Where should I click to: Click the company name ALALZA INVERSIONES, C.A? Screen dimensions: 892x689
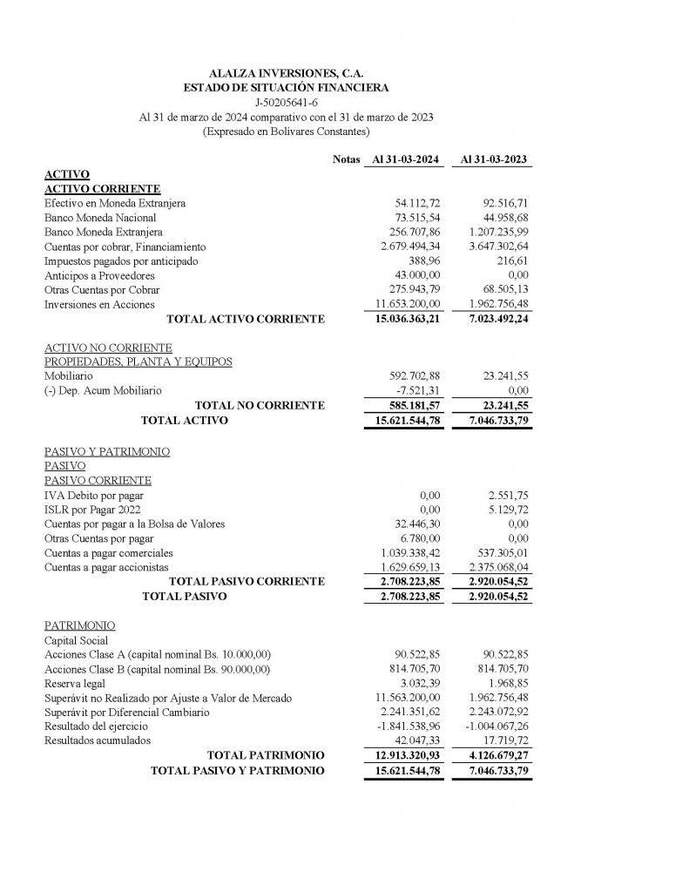[x=286, y=75]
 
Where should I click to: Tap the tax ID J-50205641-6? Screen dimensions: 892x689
[x=287, y=103]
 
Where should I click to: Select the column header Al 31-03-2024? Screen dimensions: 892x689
[x=405, y=160]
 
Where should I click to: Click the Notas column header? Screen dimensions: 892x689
[x=346, y=160]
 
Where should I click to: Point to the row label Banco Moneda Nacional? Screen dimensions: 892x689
[x=100, y=217]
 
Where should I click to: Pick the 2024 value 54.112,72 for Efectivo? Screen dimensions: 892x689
[x=417, y=203]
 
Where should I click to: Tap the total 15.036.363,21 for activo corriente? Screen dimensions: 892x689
[x=404, y=319]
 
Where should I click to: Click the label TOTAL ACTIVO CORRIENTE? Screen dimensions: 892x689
[x=245, y=319]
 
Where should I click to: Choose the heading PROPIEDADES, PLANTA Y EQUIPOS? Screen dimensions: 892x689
[x=138, y=362]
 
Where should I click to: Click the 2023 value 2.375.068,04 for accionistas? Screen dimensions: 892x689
[x=492, y=567]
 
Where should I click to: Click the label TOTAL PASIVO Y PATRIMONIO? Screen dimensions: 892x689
[x=238, y=770]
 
